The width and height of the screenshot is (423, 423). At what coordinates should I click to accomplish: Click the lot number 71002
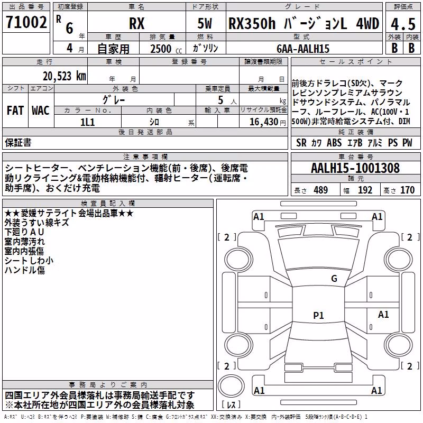[26, 22]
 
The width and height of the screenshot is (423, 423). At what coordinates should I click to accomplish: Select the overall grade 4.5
[403, 24]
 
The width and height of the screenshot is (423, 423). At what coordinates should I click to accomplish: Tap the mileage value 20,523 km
[64, 76]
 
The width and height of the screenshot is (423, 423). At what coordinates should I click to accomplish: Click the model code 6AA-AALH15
[303, 49]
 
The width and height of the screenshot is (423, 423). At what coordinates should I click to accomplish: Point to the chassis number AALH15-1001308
[355, 168]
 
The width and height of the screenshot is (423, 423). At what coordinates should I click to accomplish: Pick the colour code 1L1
[88, 122]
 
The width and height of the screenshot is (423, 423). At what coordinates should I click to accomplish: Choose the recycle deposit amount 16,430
[264, 122]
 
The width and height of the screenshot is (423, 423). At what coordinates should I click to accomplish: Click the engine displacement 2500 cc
[166, 49]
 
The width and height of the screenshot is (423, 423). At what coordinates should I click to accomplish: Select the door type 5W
[205, 23]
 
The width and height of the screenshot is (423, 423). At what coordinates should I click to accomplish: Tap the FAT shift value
[15, 111]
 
